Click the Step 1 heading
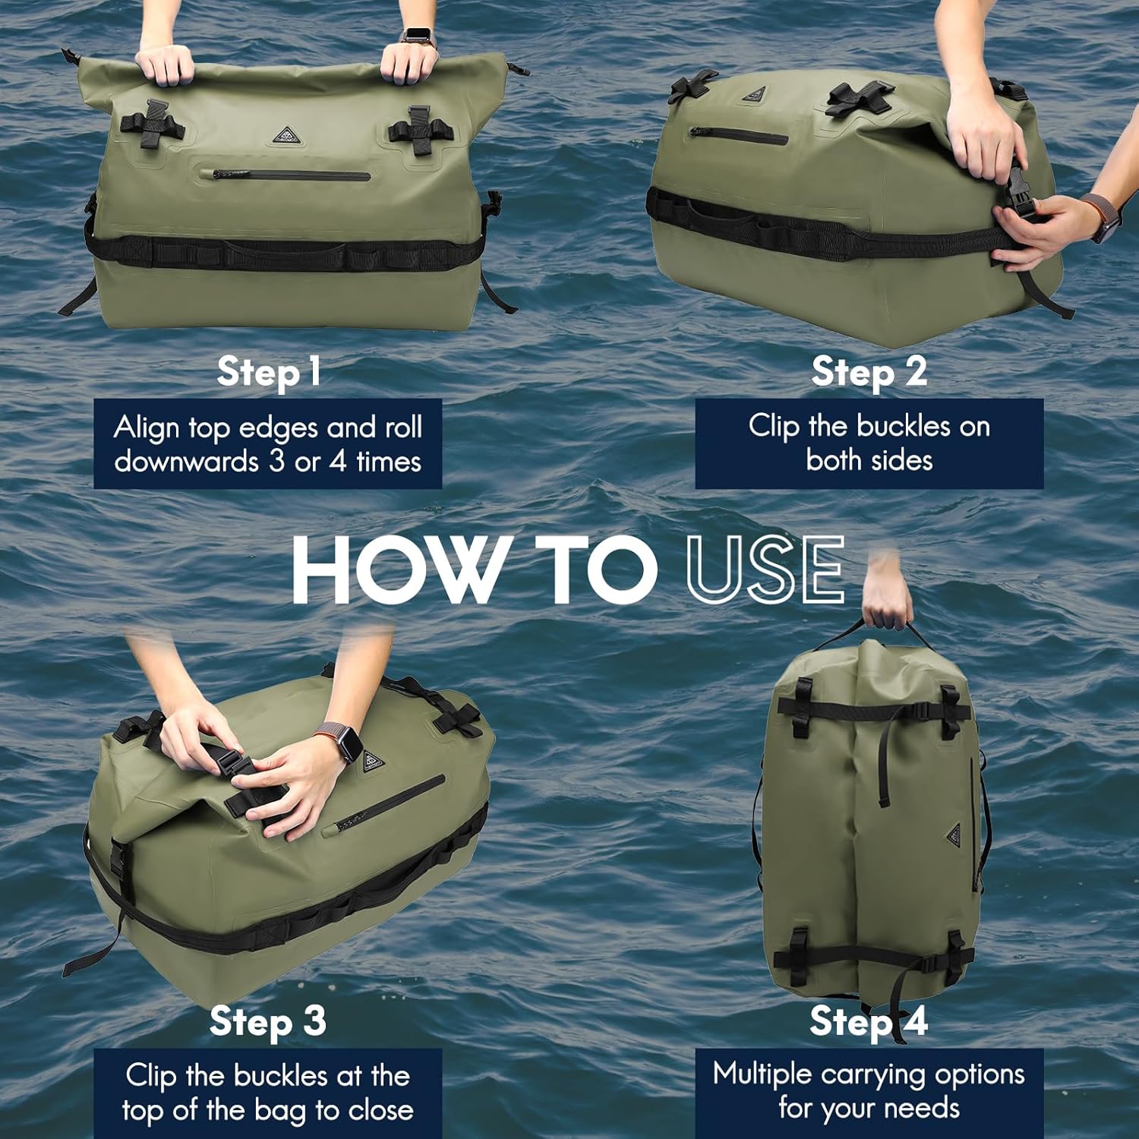(268, 372)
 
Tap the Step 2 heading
(869, 372)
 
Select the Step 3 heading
(268, 1021)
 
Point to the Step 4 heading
(869, 1021)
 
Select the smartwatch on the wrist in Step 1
(416, 35)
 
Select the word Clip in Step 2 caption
(774, 426)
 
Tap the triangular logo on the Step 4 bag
(954, 837)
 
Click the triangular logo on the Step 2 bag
(752, 96)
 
